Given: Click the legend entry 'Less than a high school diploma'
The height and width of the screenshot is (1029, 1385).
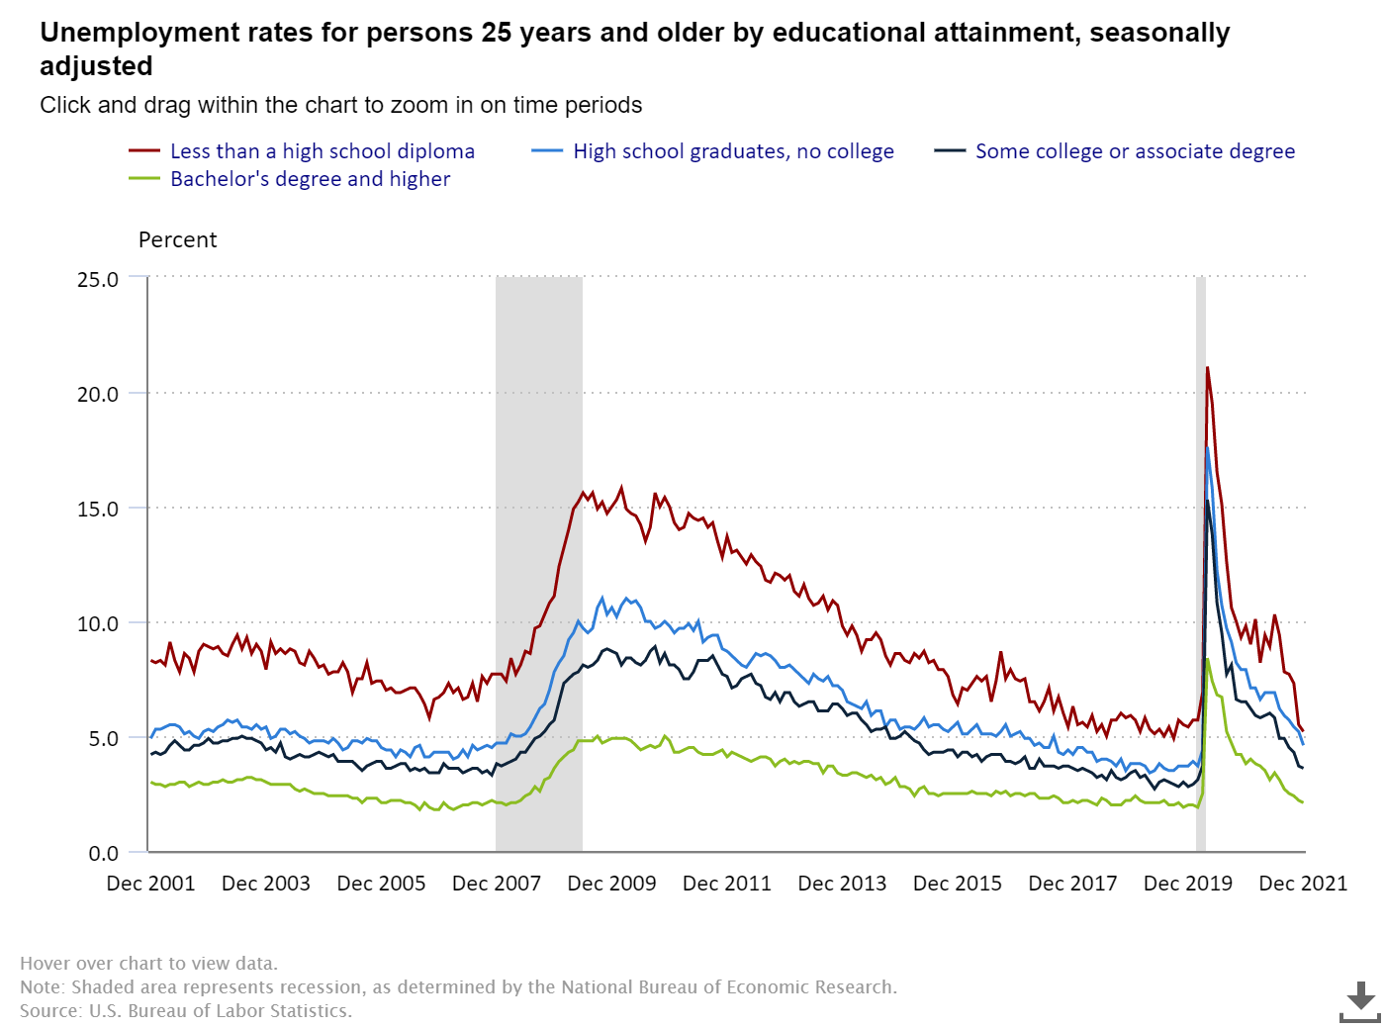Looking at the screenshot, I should (x=322, y=151).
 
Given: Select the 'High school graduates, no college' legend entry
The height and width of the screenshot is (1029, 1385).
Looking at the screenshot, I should (x=732, y=151).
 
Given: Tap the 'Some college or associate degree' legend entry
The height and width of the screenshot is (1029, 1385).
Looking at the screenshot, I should (x=1134, y=151).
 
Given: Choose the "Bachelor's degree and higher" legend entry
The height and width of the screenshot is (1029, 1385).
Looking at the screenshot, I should (x=310, y=179).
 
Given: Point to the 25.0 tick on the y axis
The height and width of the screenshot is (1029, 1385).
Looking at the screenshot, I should (x=98, y=279).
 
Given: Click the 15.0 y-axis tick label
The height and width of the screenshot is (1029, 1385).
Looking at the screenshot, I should (x=98, y=509).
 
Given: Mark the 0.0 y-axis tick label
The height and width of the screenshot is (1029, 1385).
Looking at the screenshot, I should (x=103, y=853).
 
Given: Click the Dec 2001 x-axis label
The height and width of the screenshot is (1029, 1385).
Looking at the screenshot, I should (x=150, y=884).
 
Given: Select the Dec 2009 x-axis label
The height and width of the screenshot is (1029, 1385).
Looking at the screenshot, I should (x=611, y=884).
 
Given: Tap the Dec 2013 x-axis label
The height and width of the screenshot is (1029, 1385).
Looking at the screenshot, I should (x=842, y=884).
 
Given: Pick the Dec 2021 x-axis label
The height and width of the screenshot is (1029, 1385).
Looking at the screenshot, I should (x=1302, y=884).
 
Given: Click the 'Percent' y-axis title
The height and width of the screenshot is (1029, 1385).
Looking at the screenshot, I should (x=177, y=240).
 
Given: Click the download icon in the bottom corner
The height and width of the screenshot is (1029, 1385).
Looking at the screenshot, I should (x=1360, y=1001).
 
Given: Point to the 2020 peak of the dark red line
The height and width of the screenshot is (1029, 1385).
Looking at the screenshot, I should (x=1207, y=368).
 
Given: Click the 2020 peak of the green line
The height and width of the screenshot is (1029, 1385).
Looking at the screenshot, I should (x=1207, y=659).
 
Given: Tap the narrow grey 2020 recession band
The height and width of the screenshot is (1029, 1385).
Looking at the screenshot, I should (x=1200, y=564).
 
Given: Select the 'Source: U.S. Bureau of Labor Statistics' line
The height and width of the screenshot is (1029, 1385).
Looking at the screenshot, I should (x=186, y=1011).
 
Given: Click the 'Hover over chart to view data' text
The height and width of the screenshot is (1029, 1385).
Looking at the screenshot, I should (x=148, y=964).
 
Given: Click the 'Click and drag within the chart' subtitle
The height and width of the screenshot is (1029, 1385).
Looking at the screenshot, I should (x=340, y=105).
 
